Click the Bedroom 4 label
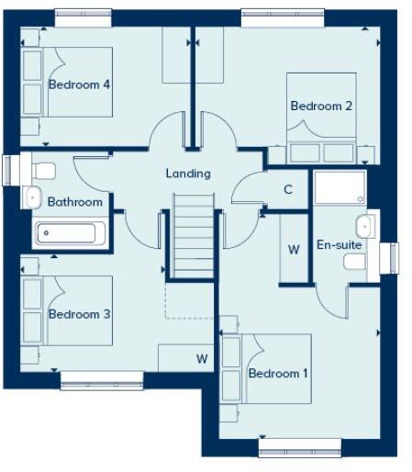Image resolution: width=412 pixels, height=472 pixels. [x=80, y=84]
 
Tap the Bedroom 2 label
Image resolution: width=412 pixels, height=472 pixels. [x=321, y=107]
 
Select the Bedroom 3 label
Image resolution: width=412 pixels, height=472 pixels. [x=80, y=314]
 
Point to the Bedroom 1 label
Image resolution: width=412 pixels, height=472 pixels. [x=279, y=374]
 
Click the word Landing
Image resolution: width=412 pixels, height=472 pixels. [x=188, y=173]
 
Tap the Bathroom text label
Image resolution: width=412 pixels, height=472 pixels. [x=74, y=202]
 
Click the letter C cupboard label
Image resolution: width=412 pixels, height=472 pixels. [x=288, y=190]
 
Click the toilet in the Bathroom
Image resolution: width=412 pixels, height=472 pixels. [x=43, y=170]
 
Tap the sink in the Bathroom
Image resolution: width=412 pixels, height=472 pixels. [x=33, y=196]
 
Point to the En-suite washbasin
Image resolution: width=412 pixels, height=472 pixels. [x=363, y=226]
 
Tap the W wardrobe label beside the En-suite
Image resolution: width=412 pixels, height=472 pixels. [x=294, y=249]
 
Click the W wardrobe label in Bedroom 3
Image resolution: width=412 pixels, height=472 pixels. [x=201, y=357]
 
